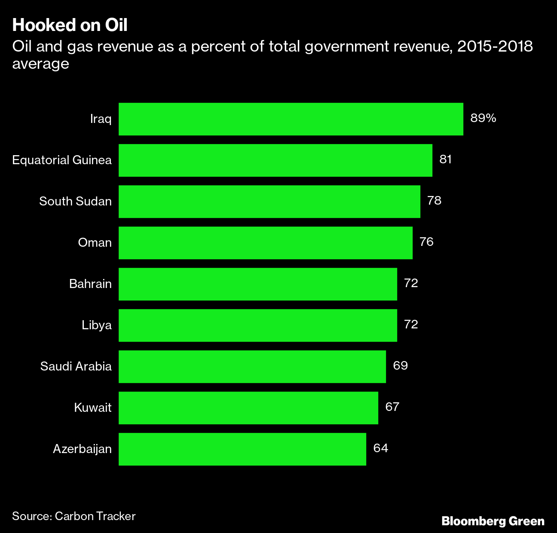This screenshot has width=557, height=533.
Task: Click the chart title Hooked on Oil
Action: pos(70,25)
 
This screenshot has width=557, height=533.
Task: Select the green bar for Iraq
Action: pos(291,119)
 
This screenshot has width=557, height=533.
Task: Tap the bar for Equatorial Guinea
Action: pos(275,160)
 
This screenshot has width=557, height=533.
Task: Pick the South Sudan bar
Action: pos(269,202)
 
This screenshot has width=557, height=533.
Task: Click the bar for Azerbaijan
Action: pos(242,449)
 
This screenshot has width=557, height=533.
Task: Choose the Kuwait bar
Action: pos(248,408)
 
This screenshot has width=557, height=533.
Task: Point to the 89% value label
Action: pos(483,118)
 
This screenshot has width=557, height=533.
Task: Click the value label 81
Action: pos(445,159)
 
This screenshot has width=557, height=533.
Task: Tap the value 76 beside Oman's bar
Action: pos(426,242)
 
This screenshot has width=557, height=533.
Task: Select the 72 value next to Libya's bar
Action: pos(411,324)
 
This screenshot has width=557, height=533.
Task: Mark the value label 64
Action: pos(380,448)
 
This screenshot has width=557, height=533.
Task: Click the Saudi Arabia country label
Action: pos(76,366)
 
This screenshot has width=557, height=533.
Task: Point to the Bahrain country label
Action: pos(90,284)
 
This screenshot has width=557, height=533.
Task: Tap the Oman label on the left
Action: pos(95,242)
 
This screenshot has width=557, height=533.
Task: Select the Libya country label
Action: pos(97,325)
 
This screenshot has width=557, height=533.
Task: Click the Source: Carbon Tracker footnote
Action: pos(73,516)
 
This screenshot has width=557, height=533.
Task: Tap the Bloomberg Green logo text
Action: pos(493,521)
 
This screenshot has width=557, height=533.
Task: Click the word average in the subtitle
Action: pos(40,64)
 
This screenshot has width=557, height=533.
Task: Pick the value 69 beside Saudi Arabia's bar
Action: pos(400,366)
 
